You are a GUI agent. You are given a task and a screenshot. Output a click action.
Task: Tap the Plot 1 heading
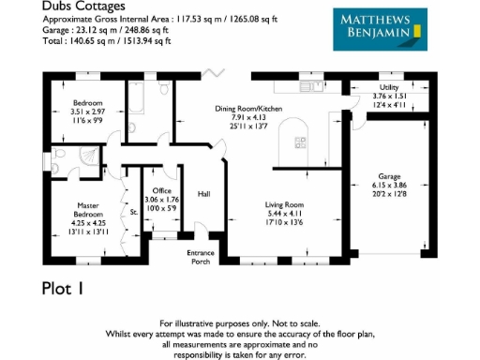pos(68,288)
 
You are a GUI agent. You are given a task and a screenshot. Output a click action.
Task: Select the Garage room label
pos(390,175)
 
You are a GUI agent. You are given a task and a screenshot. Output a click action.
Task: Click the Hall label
pos(202,194)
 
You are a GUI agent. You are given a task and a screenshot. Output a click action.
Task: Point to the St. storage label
pos(133,213)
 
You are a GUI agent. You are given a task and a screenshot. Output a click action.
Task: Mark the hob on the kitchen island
pos(301,142)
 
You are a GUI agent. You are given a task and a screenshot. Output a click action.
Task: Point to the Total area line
pos(95,41)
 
